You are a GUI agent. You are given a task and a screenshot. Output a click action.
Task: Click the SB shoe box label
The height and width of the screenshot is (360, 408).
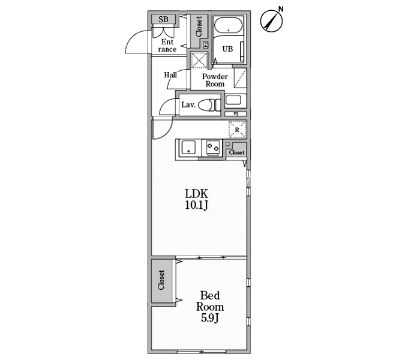click(163, 19)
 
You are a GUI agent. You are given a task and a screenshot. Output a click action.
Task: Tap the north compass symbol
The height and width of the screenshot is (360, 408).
click(272, 20)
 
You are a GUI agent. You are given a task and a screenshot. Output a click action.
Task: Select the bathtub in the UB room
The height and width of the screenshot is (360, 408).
click(228, 25)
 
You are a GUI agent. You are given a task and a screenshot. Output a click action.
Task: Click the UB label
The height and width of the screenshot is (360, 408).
click(227, 49)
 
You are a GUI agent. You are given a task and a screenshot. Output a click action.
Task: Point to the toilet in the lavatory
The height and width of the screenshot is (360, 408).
click(209, 105)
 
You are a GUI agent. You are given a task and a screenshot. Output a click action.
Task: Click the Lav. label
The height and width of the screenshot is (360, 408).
click(188, 105)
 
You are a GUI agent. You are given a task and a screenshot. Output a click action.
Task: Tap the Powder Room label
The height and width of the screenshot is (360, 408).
click(215, 80)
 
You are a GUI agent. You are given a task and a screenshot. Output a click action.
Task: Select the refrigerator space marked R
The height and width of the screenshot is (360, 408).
click(238, 129)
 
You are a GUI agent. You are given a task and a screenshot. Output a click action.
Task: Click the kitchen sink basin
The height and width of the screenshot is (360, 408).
click(188, 148)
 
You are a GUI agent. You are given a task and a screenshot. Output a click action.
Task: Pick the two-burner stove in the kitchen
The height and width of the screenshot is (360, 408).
click(213, 148)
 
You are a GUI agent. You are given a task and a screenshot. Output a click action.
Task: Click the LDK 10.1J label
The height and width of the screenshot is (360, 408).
click(196, 200)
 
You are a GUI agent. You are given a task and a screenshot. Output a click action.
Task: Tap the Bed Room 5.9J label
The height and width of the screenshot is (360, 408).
click(210, 307)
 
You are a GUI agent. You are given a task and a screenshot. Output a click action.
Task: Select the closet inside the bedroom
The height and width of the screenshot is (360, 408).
click(161, 280)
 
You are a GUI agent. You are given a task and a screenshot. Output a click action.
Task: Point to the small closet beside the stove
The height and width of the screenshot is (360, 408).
click(236, 151)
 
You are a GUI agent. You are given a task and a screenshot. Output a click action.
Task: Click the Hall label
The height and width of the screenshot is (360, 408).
click(170, 75)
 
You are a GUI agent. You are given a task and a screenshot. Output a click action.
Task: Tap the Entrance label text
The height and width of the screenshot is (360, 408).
click(167, 45)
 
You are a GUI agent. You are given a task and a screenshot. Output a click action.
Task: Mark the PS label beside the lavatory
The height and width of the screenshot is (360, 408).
click(236, 113)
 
